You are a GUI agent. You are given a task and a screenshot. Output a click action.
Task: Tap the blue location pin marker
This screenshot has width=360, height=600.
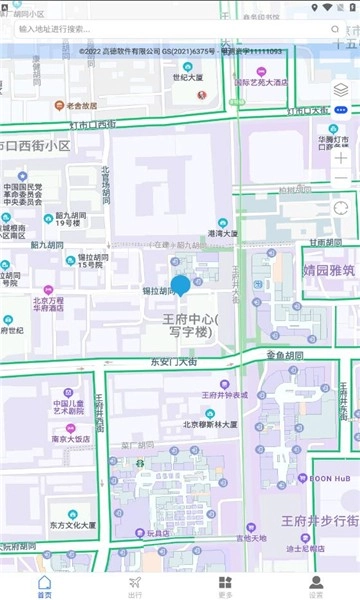(x=180, y=288)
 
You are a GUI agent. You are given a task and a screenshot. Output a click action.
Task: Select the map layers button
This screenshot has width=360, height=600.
(x=341, y=90)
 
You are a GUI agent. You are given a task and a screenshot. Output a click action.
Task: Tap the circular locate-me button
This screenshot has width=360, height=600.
(x=341, y=208)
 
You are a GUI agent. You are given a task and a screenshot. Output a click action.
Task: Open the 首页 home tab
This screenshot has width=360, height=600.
(x=44, y=585)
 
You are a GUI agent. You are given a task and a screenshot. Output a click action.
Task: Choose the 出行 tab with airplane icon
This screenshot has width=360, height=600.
(x=135, y=585)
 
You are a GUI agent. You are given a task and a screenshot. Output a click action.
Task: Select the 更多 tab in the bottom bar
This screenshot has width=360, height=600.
(x=225, y=585)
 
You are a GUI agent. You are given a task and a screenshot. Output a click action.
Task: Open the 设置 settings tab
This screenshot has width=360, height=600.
(x=315, y=585)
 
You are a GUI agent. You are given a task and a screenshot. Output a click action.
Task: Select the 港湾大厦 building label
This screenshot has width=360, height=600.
(x=221, y=233)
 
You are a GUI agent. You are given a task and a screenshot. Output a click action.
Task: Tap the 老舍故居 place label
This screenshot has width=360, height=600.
(x=75, y=105)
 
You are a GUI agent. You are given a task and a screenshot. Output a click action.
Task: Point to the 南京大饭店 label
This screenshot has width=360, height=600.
(x=72, y=438)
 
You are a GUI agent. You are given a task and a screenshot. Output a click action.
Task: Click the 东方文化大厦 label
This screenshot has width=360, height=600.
(x=72, y=525)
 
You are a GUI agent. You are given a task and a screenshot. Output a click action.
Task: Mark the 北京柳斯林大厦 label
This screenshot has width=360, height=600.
(x=210, y=424)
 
